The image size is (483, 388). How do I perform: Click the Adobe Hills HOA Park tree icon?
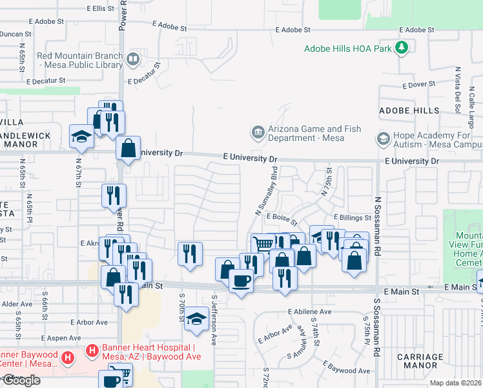[402, 48]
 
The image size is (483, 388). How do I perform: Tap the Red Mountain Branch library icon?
[133, 60]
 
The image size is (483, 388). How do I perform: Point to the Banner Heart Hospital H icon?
[92, 350]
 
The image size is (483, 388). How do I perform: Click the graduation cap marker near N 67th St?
[82, 136]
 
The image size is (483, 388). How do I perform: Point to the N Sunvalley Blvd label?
[266, 191]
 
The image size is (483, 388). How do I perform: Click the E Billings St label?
[353, 217]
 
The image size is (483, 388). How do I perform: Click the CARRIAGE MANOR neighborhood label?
[420, 361]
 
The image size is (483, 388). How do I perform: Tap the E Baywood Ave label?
[350, 371]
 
